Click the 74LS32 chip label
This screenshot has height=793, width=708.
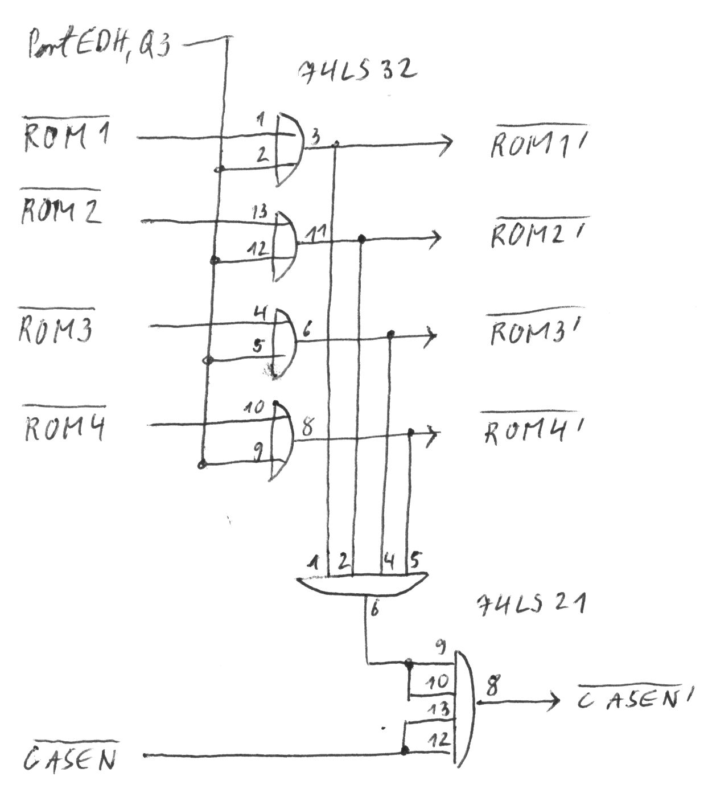[x=357, y=70]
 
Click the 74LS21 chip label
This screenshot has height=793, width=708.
[x=530, y=605]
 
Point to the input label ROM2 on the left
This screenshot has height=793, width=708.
[x=61, y=211]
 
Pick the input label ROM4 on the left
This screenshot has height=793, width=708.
[x=64, y=428]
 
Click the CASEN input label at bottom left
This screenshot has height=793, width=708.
[x=71, y=758]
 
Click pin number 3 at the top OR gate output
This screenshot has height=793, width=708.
[x=315, y=136]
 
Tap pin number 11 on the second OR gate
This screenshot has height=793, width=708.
[x=315, y=231]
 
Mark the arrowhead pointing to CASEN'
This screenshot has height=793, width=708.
[x=553, y=703]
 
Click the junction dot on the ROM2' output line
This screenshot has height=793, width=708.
[x=361, y=239]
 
